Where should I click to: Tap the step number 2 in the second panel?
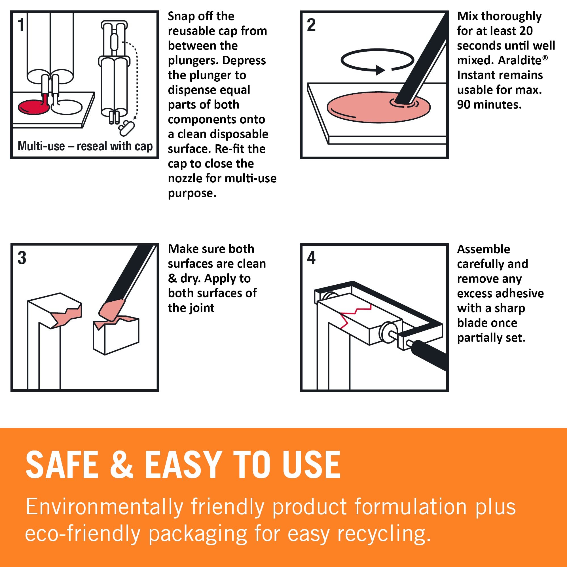click(x=311, y=25)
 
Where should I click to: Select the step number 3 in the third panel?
click(x=22, y=258)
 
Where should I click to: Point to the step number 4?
click(x=311, y=258)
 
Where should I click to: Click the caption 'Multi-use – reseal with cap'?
click(x=85, y=146)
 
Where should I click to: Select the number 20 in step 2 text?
click(x=526, y=31)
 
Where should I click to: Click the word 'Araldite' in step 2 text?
click(x=520, y=60)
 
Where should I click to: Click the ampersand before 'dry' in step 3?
click(x=172, y=278)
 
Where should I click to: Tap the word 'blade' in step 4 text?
click(x=472, y=323)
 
